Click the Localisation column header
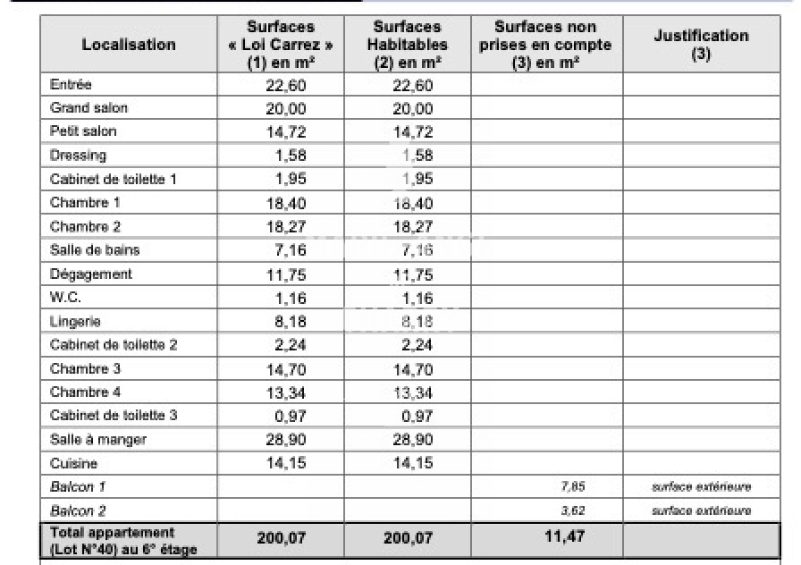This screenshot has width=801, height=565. click(129, 45)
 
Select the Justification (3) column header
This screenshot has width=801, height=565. click(701, 45)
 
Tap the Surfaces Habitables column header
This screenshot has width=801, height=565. click(408, 45)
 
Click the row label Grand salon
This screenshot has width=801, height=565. click(89, 108)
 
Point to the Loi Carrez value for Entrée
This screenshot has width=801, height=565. click(288, 86)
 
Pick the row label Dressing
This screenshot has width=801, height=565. click(78, 155)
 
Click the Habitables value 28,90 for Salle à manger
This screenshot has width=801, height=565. click(413, 440)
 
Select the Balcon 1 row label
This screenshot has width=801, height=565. click(77, 487)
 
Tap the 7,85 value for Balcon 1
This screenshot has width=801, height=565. click(572, 487)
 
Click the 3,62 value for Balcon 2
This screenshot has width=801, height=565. click(572, 510)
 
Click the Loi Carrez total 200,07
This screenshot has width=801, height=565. click(281, 539)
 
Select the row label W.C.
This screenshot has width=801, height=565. click(65, 298)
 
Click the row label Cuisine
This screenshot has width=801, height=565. click(73, 464)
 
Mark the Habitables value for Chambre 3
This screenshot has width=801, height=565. click(413, 369)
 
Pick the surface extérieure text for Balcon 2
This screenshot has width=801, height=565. click(701, 510)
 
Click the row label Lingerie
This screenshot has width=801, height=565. click(75, 321)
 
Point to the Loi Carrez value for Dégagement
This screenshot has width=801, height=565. click(288, 274)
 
